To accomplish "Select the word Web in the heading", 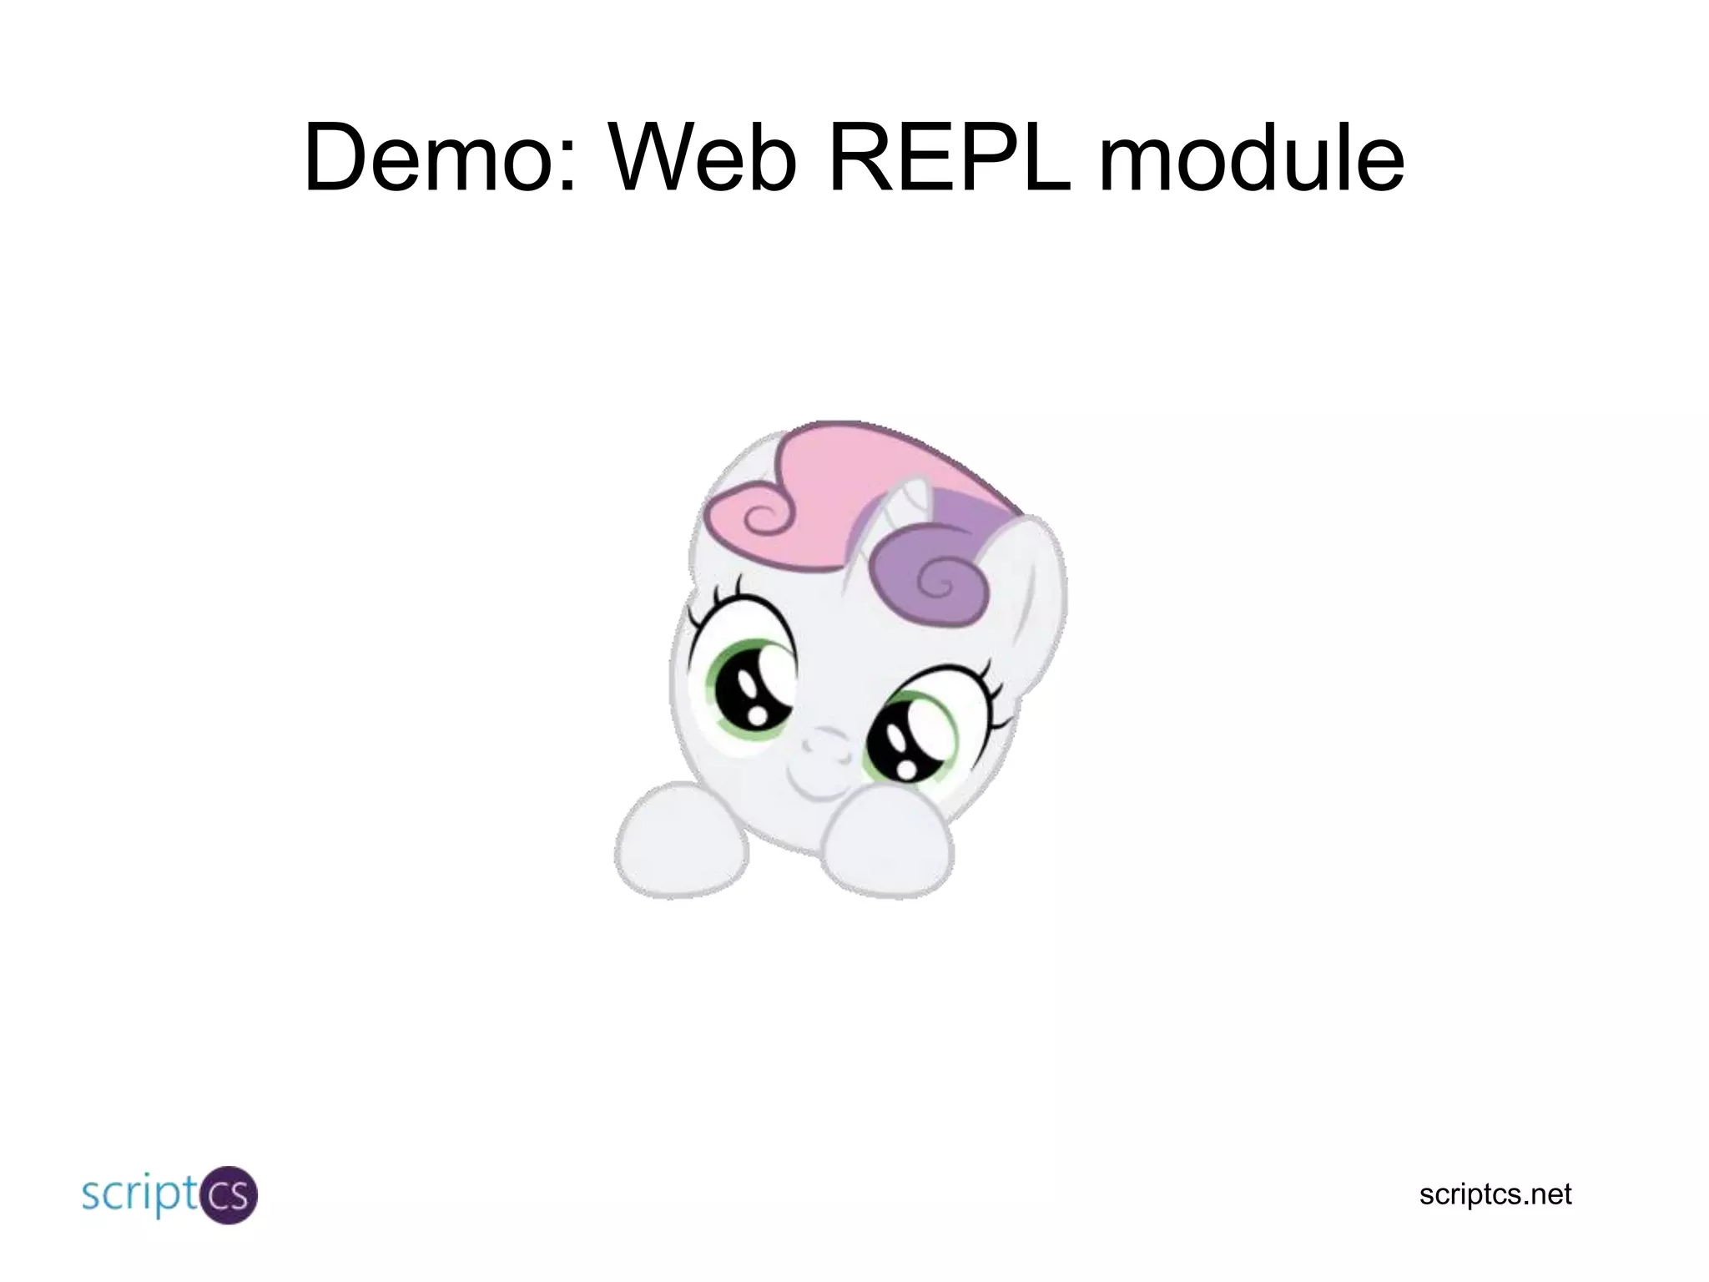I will pos(703,158).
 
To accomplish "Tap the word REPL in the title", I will pos(950,158).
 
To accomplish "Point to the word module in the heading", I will pos(1252,158).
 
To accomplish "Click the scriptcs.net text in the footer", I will pos(1495,1194).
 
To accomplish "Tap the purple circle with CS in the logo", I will pos(227,1195).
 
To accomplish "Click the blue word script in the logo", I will pos(138,1195).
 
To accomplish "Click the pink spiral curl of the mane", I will pos(761,517).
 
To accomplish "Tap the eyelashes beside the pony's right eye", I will pos(993,693).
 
